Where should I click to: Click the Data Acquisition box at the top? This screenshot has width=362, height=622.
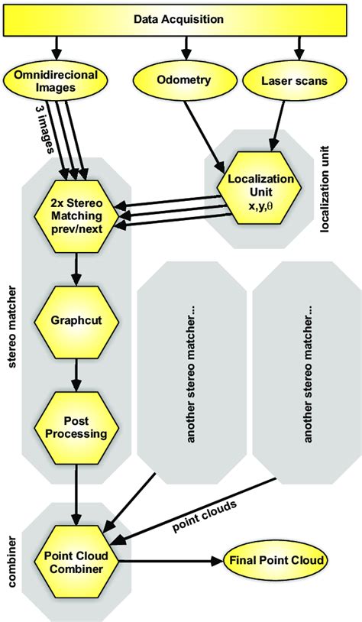(x=180, y=18)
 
